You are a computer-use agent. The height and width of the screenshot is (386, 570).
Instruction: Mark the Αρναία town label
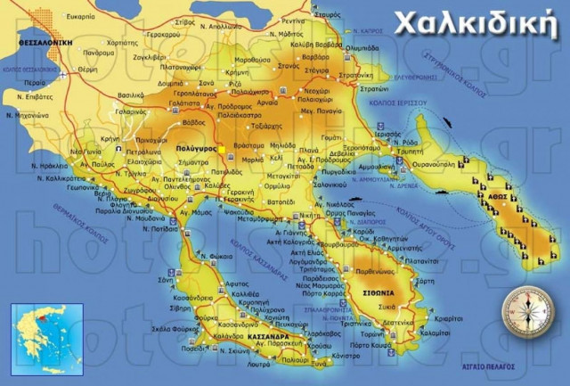(269, 102)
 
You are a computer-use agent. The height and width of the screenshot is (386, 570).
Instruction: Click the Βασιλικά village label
(130, 94)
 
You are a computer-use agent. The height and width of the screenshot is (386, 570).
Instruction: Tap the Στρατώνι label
(374, 89)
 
